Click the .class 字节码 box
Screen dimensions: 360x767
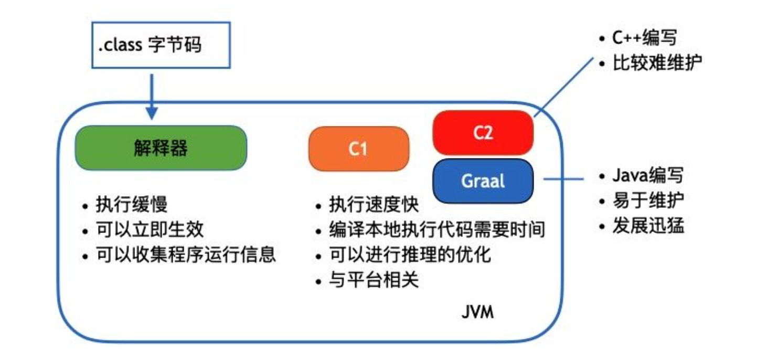coord(161,45)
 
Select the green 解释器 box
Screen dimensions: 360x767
coord(161,148)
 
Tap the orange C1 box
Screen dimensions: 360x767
coord(358,149)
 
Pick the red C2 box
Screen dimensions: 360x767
coord(483,133)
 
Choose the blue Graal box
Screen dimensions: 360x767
coord(483,181)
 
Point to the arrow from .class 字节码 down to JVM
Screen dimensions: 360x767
coord(152,94)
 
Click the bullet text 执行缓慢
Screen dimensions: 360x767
coord(131,205)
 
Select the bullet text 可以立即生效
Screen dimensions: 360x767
coord(150,229)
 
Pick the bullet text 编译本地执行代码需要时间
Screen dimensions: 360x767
coord(436,230)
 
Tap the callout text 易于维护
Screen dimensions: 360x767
coord(648,200)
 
